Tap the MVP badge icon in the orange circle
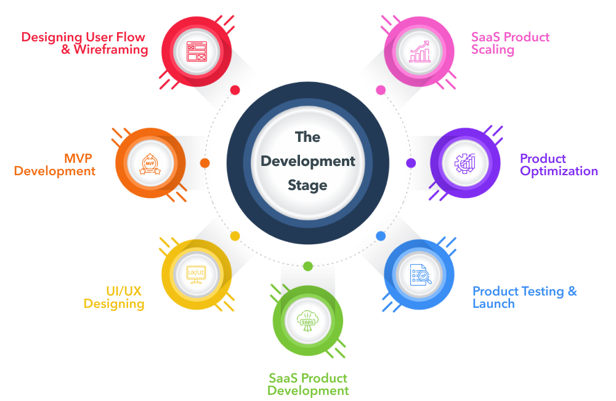[150, 163]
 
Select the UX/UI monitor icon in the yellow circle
[196, 273]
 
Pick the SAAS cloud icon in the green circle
[307, 321]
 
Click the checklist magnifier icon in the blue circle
[419, 273]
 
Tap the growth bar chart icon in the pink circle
[419, 51]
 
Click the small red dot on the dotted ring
[235, 90]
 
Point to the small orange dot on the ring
[205, 163]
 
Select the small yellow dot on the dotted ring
[235, 236]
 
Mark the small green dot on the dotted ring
[308, 267]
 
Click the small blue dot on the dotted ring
[381, 236]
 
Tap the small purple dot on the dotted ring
[411, 163]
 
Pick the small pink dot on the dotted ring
[381, 90]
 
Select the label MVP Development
[55, 165]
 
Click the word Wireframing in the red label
[111, 50]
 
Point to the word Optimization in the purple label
[559, 171]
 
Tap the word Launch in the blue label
[493, 304]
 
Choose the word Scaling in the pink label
[493, 49]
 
